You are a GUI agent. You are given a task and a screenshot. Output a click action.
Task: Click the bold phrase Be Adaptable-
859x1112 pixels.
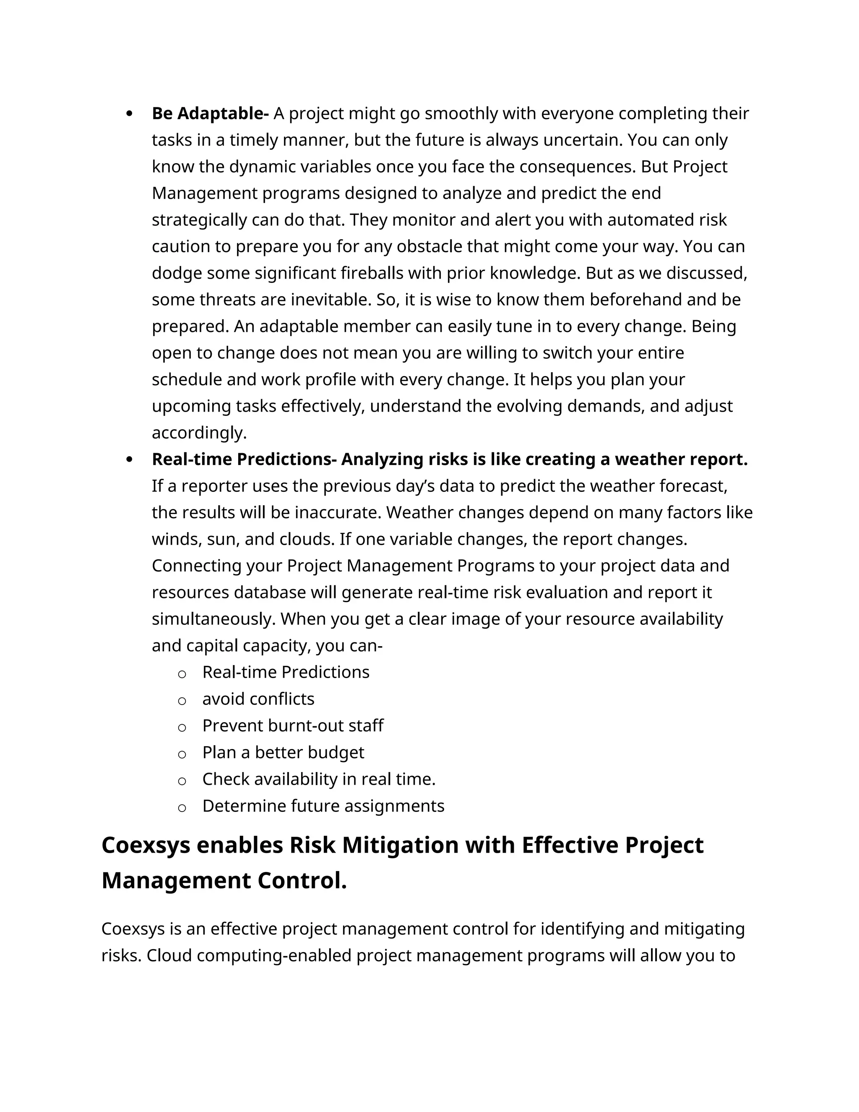click(210, 114)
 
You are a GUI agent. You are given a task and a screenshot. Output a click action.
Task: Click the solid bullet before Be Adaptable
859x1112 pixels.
click(129, 114)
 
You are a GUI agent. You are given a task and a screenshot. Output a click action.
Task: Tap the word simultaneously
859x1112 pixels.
click(213, 619)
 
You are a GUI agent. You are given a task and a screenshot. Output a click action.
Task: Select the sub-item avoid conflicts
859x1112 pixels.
click(258, 699)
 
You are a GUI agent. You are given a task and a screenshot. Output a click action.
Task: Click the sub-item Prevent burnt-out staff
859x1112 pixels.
click(293, 726)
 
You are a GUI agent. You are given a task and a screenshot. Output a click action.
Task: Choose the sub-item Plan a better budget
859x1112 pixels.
click(283, 752)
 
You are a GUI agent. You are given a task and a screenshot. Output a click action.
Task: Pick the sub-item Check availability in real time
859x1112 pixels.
click(319, 779)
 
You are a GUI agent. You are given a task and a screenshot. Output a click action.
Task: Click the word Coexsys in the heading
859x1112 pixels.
click(145, 845)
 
